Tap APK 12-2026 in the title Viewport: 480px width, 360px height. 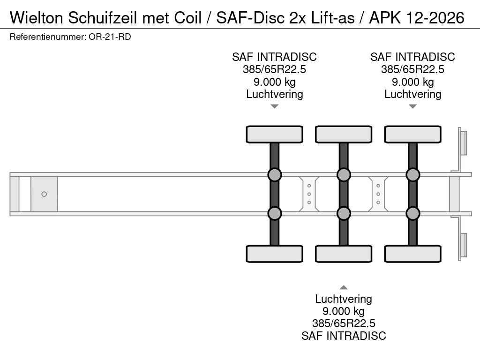point(417,17)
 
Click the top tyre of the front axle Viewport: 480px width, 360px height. point(274,134)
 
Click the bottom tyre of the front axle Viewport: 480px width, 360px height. point(274,254)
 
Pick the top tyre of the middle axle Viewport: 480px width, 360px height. point(344,134)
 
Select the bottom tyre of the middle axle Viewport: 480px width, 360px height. point(344,254)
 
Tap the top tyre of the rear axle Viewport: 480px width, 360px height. point(412,134)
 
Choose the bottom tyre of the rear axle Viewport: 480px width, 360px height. point(412,254)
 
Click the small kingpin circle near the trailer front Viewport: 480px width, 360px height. point(44,194)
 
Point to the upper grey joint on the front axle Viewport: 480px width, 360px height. point(274,175)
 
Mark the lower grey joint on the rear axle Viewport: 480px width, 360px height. point(412,213)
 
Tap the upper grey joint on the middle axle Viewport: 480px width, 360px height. point(344,175)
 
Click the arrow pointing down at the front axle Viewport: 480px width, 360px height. point(275,106)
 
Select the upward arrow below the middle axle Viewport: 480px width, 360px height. point(344,287)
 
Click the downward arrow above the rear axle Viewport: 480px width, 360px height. point(412,106)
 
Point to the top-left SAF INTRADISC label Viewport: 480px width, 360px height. point(274,57)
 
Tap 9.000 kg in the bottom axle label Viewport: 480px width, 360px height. point(344,311)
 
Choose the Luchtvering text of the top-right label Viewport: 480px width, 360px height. point(412,94)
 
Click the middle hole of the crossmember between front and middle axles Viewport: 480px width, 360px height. point(309,194)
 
